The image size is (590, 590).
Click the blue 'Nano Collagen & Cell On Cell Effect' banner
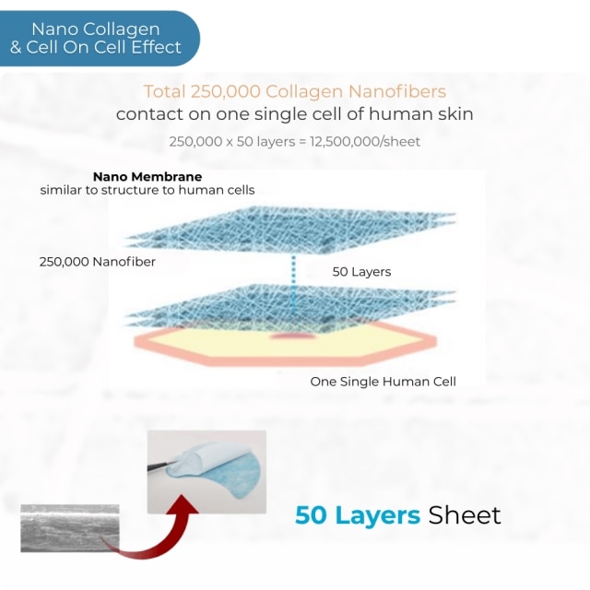click(x=99, y=39)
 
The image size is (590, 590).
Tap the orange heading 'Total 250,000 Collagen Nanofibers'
click(x=295, y=91)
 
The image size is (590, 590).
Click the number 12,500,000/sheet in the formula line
click(x=365, y=141)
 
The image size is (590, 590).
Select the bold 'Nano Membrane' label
click(x=147, y=176)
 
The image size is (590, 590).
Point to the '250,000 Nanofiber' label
click(x=98, y=262)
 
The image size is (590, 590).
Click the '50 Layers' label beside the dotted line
click(x=361, y=272)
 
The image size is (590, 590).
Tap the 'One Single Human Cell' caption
click(x=383, y=382)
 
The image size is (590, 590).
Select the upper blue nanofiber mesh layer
click(x=289, y=230)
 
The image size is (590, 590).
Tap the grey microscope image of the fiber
click(x=70, y=528)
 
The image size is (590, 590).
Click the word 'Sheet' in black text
click(x=465, y=515)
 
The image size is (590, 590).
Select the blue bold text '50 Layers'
click(x=358, y=515)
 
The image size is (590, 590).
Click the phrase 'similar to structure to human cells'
click(x=147, y=190)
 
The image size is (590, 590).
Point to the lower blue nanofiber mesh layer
click(x=289, y=307)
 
